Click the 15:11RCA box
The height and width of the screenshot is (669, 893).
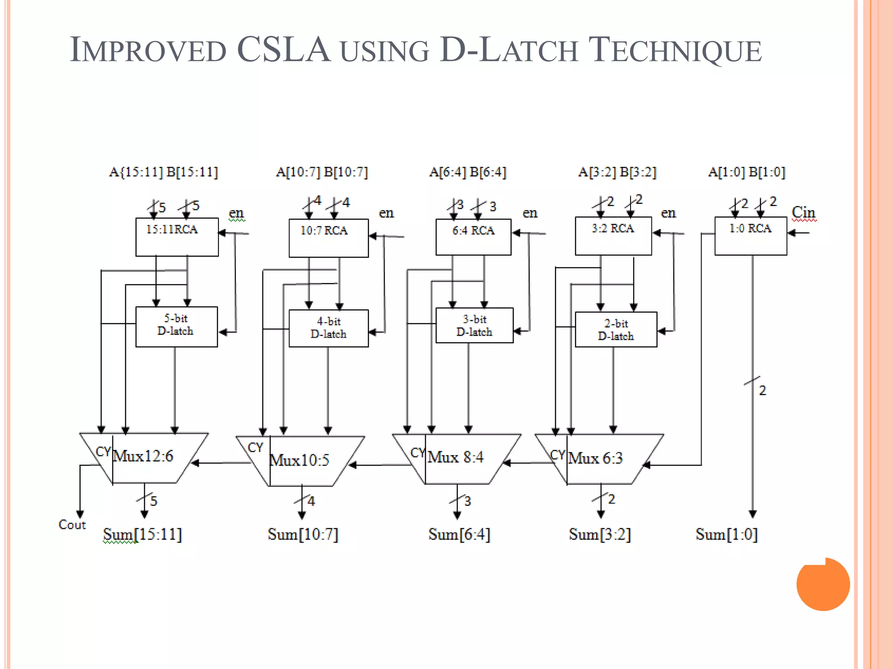177,237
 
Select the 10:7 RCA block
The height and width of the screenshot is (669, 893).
328,238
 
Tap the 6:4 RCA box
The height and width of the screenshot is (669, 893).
473,237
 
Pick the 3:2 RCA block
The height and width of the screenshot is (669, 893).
613,236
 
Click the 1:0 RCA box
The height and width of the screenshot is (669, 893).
750,236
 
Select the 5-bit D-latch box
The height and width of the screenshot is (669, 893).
176,327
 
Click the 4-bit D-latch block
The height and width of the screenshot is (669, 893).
328,328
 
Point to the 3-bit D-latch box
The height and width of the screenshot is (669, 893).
474,325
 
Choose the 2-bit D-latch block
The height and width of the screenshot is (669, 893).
616,329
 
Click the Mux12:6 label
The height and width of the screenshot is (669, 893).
143,456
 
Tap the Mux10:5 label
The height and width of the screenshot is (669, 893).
299,460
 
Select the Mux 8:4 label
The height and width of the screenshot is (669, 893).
455,457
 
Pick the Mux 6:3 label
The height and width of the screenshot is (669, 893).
595,458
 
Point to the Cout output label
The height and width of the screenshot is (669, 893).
72,524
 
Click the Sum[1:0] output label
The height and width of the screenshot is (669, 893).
726,534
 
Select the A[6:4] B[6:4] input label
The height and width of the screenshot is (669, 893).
467,172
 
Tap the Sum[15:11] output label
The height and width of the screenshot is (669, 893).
142,534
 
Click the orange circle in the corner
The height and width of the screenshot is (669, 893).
823,584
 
